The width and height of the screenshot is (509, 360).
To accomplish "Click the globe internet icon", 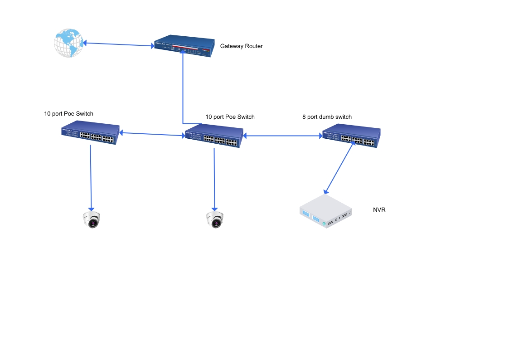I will pos(68,43).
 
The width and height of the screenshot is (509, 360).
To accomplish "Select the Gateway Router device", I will pos(183,46).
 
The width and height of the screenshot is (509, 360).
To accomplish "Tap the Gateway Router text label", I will pos(241,46).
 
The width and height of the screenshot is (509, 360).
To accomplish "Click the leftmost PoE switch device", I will pos(91,133).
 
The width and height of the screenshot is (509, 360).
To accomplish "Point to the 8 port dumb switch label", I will pos(327,117).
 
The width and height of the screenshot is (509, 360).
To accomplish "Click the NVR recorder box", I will pos(326,211).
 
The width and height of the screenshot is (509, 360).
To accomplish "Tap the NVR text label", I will pos(379,210).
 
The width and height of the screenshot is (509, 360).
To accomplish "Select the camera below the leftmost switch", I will pos(92,219).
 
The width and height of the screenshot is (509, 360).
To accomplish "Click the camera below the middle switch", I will pos(215,219).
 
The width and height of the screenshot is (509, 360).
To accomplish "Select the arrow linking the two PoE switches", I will pos(152,134).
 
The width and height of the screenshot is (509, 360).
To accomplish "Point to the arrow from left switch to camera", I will pos(91,177).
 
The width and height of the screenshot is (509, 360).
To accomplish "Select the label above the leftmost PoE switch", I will pos(68,113).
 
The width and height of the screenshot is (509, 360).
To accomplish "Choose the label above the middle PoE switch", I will pos(230,117).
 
